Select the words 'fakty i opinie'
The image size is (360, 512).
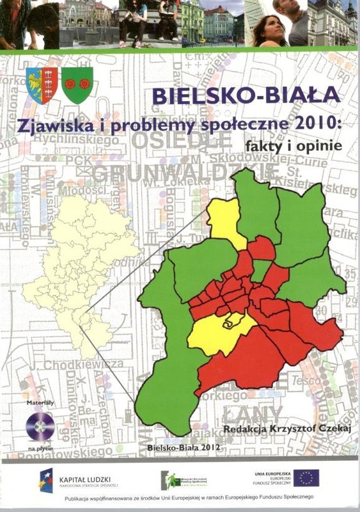[x=290, y=146]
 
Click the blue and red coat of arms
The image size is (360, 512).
[x=43, y=84]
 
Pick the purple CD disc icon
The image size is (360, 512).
[x=40, y=426]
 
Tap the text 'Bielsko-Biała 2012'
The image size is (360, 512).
[x=185, y=449]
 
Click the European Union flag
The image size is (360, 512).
[x=306, y=477]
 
